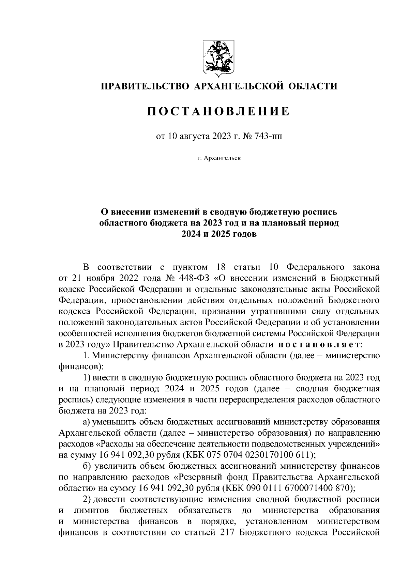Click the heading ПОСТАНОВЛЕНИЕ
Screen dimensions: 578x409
pyautogui.click(x=218, y=111)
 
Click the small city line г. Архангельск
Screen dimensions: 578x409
pyautogui.click(x=218, y=158)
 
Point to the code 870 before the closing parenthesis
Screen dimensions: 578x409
pyautogui.click(x=342, y=488)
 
